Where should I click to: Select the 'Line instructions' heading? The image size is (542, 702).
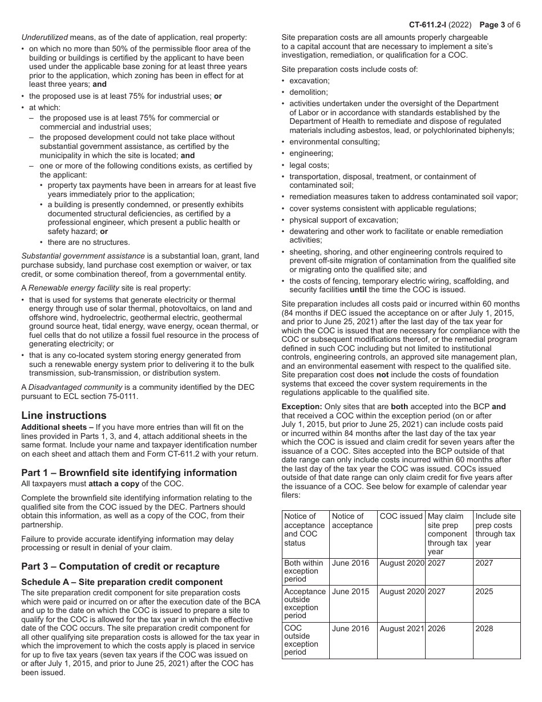pyautogui.click(x=64, y=415)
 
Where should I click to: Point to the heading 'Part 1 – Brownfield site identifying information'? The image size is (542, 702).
pyautogui.click(x=129, y=473)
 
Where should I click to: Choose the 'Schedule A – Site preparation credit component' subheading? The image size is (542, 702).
pyautogui.click(x=122, y=582)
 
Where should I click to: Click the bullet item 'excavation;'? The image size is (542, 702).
pyautogui.click(x=309, y=80)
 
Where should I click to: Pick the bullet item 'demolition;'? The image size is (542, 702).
pyautogui.click(x=309, y=92)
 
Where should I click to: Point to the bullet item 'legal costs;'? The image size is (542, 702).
pyautogui.click(x=309, y=165)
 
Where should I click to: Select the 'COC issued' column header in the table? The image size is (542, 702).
pyautogui.click(x=401, y=517)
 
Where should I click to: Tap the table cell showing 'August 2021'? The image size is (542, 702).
pyautogui.click(x=402, y=628)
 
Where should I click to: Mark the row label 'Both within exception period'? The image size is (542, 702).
pyautogui.click(x=304, y=571)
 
